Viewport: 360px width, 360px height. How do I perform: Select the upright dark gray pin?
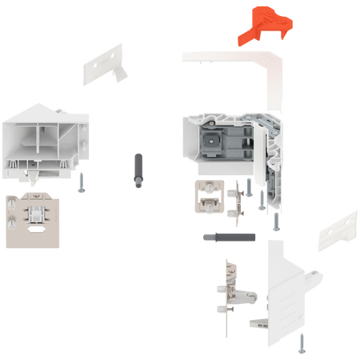[x=137, y=169]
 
